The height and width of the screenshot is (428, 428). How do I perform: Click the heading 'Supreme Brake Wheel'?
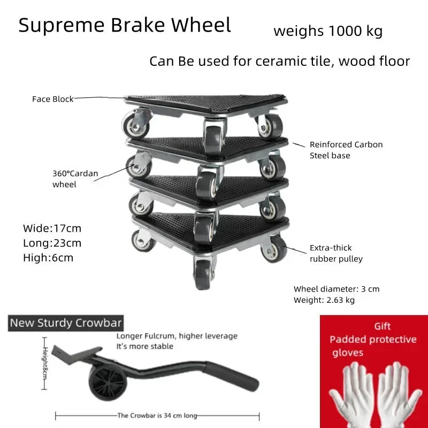click(125, 25)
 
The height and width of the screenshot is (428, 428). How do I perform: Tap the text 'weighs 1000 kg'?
click(328, 30)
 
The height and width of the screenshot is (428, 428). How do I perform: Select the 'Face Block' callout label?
click(52, 99)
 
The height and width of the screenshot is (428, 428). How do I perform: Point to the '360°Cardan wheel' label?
click(75, 179)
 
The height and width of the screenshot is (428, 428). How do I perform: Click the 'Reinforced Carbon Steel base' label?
click(346, 150)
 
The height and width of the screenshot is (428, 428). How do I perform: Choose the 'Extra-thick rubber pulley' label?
click(336, 253)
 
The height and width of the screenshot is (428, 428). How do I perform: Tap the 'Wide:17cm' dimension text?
click(52, 228)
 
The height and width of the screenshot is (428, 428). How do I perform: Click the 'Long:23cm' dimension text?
click(52, 243)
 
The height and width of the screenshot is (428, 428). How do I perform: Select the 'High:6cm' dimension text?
click(48, 258)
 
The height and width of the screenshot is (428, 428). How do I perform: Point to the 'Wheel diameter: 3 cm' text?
click(337, 289)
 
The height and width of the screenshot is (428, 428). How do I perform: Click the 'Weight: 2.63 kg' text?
click(324, 300)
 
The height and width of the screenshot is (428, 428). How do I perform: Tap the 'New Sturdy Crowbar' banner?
click(66, 323)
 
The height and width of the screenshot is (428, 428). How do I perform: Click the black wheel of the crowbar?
click(108, 383)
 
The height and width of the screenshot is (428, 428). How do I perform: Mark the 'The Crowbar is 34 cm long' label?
click(157, 416)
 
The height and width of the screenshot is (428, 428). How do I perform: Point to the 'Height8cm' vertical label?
click(45, 363)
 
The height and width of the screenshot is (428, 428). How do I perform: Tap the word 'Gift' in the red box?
click(382, 326)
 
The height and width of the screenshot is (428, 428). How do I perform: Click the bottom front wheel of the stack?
click(203, 274)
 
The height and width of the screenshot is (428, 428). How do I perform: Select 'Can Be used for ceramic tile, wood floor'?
click(279, 61)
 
